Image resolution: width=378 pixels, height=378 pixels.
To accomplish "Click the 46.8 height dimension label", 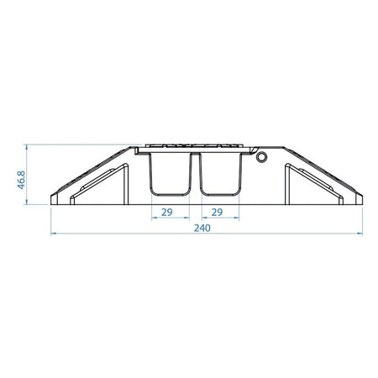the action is tap(21, 180).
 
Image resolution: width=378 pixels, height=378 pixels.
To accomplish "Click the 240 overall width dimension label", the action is tap(202, 228).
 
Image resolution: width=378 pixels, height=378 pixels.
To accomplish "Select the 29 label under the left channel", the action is tap(167, 213).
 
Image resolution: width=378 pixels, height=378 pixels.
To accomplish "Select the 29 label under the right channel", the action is tap(217, 213).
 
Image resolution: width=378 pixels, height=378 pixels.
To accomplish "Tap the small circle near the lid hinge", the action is tap(261, 157).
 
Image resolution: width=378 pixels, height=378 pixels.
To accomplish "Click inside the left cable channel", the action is tap(171, 174).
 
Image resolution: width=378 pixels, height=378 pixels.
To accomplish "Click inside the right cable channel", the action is tap(220, 174).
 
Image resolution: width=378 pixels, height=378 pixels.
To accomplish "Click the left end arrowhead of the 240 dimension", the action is tap(53, 234).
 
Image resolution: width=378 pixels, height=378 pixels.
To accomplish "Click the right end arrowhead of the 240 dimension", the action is tap(360, 234).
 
